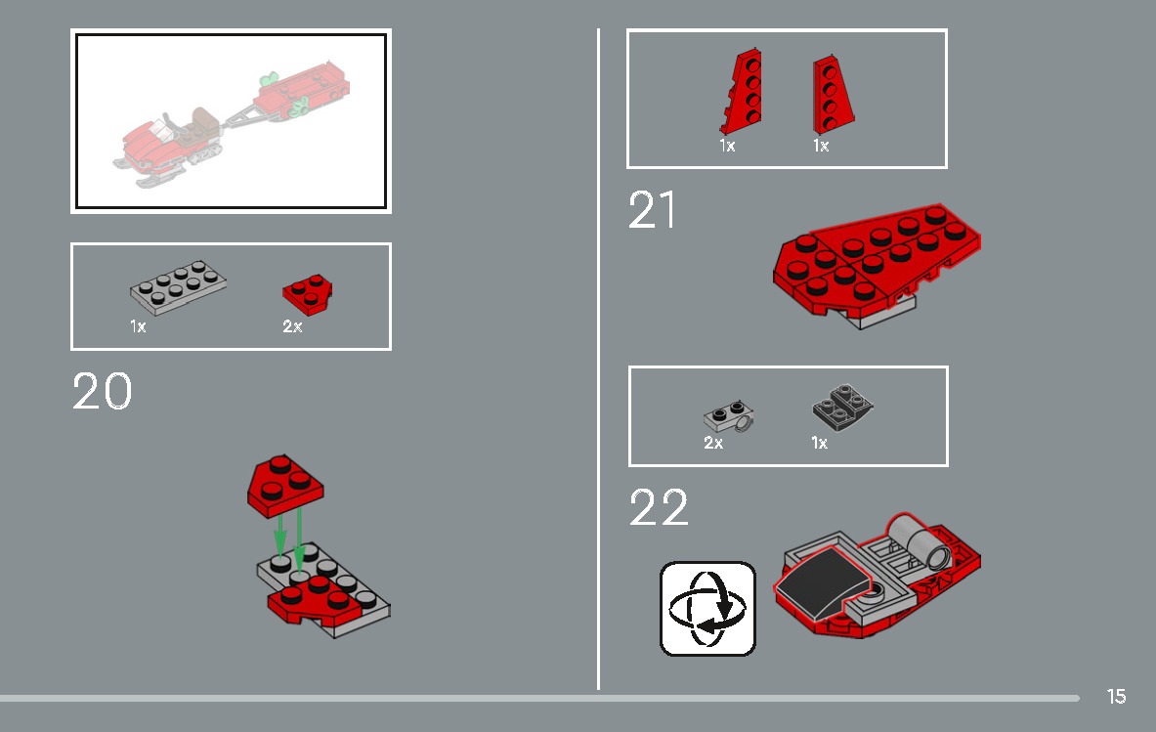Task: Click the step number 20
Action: coord(102,392)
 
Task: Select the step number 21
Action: coord(652,210)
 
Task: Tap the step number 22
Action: coord(659,508)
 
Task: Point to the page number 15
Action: coord(1116,697)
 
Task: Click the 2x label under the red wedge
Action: coord(292,327)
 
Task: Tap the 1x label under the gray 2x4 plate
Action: coord(138,327)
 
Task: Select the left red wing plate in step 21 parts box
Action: coord(744,93)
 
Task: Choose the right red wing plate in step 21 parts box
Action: coord(833,95)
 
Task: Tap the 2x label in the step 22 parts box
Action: coord(713,443)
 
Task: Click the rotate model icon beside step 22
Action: coord(708,608)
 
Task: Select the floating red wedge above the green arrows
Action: coord(286,484)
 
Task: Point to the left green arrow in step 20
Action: coord(279,536)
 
